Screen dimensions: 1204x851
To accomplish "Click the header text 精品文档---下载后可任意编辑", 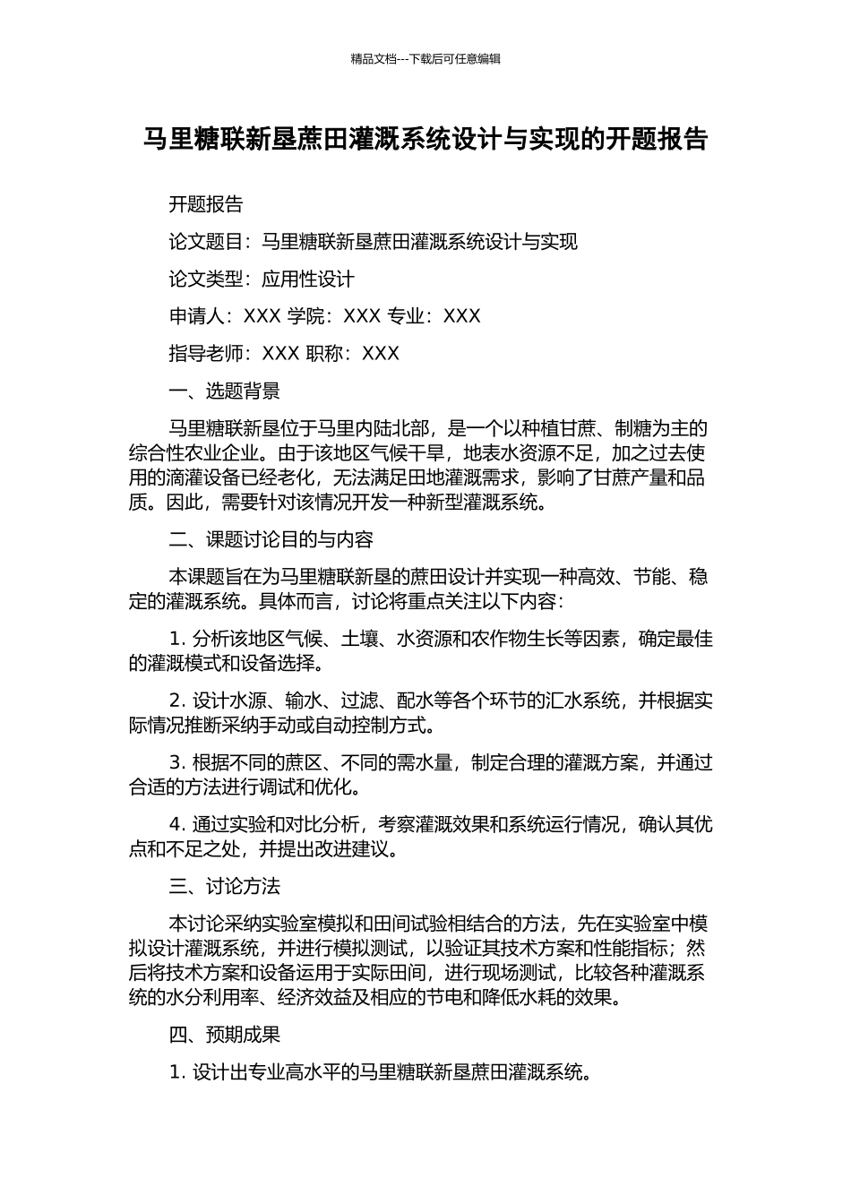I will coord(425,59).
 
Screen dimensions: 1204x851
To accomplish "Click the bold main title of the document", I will coord(425,140).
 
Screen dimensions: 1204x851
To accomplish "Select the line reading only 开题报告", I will coord(206,204).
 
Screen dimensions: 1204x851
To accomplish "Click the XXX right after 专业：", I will coord(462,316).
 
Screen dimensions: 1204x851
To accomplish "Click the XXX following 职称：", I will coord(381,354).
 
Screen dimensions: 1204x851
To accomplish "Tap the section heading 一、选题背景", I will coord(225,391).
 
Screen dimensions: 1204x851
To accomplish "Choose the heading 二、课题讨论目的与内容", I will coord(271,539).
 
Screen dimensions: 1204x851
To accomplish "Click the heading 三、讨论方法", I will coord(225,886).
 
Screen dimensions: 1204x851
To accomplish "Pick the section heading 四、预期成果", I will coord(225,1035).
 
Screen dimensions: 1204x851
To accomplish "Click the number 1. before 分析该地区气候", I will coord(177,639).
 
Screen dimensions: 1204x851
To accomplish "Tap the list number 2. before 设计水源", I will coord(177,701).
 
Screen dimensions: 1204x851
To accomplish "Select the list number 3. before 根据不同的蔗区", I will coord(177,762).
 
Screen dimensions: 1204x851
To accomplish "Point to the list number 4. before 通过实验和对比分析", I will coord(177,824).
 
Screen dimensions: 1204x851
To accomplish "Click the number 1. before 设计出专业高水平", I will coord(177,1071).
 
